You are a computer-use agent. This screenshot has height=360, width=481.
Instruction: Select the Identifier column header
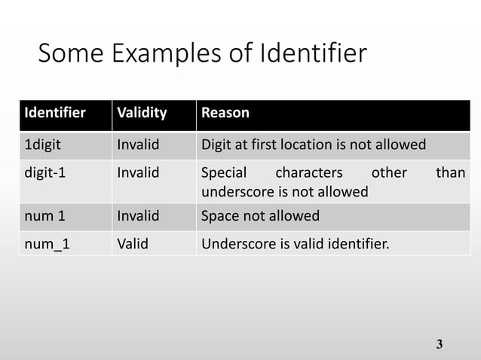54,114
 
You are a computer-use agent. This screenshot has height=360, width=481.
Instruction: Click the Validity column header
142,114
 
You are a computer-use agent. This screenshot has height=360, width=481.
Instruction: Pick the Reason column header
225,114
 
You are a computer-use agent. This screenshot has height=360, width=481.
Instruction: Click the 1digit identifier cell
43,144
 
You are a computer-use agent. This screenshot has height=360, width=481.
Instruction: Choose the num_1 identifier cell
46,243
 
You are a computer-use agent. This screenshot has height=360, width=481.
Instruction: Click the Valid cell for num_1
132,243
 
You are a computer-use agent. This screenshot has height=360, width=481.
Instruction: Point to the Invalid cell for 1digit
139,144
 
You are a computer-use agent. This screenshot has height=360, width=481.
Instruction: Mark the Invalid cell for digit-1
139,172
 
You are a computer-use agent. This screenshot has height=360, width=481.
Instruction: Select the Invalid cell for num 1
139,216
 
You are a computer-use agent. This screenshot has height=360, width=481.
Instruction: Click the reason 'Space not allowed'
260,216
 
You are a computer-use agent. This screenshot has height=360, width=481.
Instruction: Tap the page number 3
440,345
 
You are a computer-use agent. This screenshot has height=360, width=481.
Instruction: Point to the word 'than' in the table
451,172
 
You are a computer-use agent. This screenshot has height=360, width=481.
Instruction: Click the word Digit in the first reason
215,144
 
